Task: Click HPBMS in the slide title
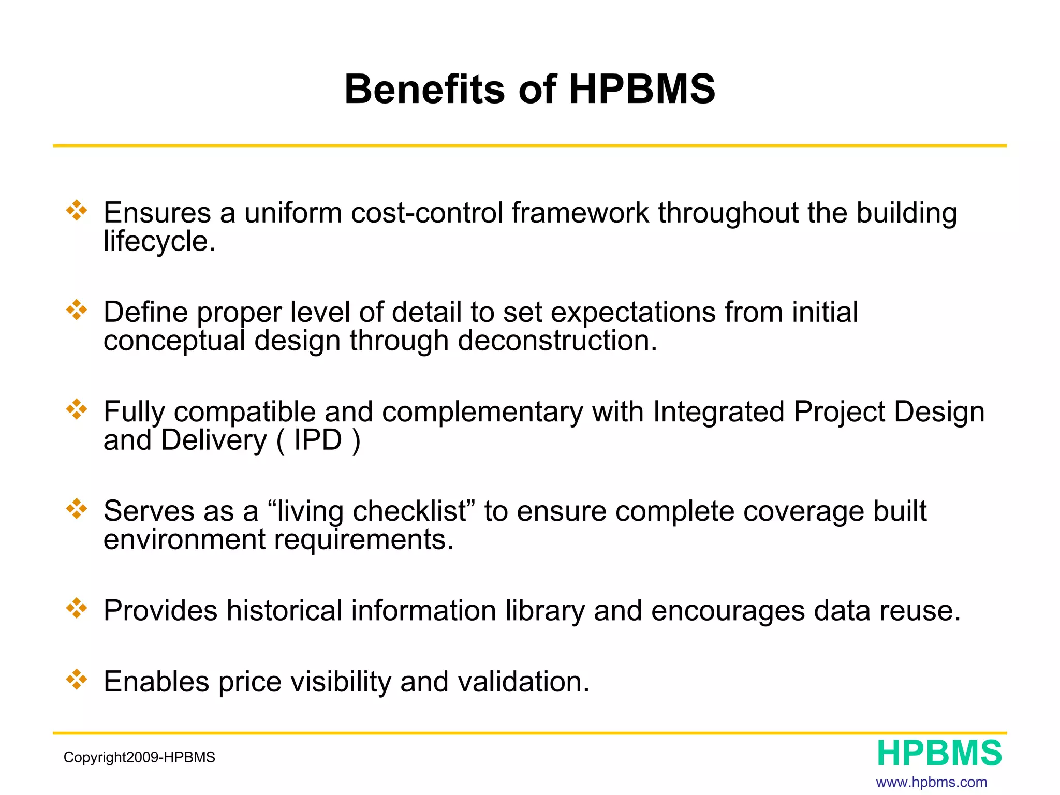tap(642, 89)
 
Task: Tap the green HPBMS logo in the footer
tap(939, 753)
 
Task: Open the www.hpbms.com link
tap(931, 782)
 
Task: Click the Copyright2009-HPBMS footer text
tap(139, 757)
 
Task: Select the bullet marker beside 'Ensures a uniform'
tap(77, 211)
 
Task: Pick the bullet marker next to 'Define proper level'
tap(77, 310)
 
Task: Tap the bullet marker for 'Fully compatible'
tap(77, 409)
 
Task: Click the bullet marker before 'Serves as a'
tap(77, 509)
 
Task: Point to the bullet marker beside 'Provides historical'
tap(77, 608)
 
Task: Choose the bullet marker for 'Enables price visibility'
tap(77, 680)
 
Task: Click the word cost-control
tap(427, 213)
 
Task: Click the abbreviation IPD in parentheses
tap(318, 440)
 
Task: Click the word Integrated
tap(719, 413)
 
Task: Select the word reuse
tap(920, 611)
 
